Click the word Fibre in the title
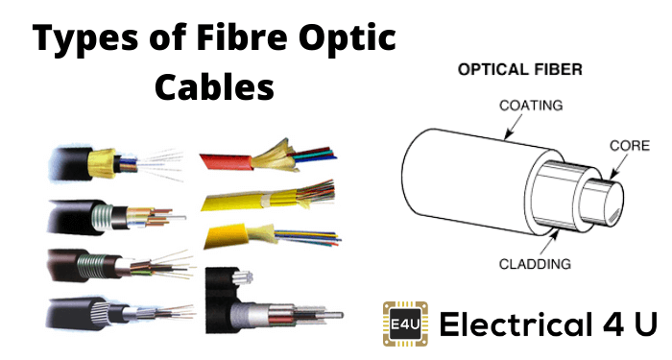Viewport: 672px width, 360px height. coord(241,36)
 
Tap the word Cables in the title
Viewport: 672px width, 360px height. coord(214,86)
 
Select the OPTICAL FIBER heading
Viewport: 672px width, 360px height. coord(520,69)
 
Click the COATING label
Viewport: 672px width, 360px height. coord(531,105)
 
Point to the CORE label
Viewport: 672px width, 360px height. coord(630,146)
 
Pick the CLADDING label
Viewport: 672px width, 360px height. coord(535,264)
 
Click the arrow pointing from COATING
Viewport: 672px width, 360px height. coord(513,128)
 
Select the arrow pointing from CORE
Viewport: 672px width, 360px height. coord(618,166)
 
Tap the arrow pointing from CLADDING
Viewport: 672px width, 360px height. coord(549,241)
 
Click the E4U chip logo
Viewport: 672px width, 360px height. coord(405,324)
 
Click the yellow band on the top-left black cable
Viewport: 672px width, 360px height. coord(102,163)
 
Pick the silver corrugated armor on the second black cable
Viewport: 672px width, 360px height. coord(104,217)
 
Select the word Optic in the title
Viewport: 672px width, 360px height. coord(348,38)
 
